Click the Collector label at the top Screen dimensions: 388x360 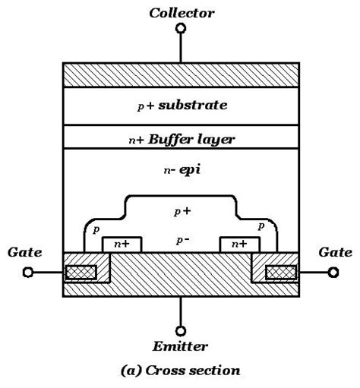pos(181,13)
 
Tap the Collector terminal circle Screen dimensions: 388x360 pos(181,29)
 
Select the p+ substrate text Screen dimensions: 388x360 pos(181,105)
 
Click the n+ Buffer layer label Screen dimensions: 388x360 pos(181,139)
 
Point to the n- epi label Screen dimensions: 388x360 pos(181,171)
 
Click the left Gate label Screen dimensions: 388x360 pos(25,252)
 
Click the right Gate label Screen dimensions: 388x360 pos(336,252)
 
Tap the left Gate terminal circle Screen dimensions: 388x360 pos(28,272)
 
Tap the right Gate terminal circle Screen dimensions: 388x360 pos(333,272)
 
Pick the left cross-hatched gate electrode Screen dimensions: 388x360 pos(81,272)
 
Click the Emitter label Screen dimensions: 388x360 pos(181,347)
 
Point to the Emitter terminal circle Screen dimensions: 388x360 pos(181,331)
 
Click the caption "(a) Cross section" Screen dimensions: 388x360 pos(181,371)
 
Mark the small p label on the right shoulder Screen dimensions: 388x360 pos(261,226)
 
